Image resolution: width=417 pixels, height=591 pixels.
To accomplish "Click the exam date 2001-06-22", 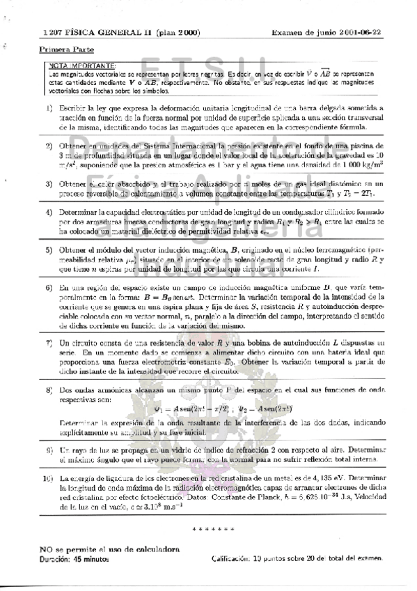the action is (354, 32).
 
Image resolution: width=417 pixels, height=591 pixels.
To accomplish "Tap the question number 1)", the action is (49, 109).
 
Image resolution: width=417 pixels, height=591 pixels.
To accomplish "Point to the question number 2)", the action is (49, 146).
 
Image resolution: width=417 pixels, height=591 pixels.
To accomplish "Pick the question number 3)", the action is (49, 183).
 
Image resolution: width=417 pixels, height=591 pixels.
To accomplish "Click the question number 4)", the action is (49, 212).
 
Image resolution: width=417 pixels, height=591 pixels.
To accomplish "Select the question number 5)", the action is (49, 249).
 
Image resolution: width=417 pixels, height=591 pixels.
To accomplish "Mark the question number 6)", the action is (49, 287).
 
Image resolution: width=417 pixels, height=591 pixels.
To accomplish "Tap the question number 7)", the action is (49, 343).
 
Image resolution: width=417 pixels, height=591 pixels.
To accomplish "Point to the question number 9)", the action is (49, 451).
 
